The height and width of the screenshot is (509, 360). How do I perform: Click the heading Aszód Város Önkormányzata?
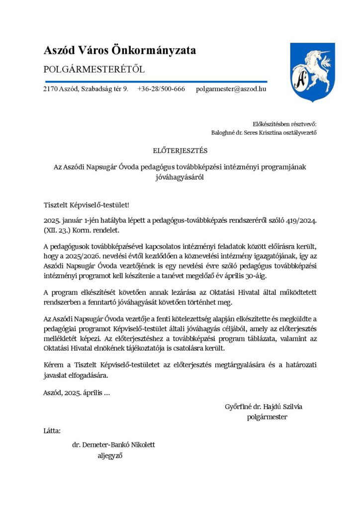click(120, 50)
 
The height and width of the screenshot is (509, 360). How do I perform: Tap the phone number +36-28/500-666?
click(161, 89)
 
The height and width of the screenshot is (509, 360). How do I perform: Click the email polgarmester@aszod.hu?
click(231, 89)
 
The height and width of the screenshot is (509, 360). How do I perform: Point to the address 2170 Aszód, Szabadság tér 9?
click(86, 89)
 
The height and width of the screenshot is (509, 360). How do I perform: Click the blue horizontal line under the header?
click(156, 81)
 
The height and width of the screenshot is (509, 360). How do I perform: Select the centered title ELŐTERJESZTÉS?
click(180, 150)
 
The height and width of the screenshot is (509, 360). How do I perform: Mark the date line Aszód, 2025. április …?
click(77, 393)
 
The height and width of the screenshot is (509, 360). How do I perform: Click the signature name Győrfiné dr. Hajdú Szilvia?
click(264, 407)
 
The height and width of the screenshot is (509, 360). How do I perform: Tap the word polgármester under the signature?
click(267, 417)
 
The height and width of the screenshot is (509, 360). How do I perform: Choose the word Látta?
click(52, 430)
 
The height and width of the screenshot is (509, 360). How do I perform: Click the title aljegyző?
click(110, 455)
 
